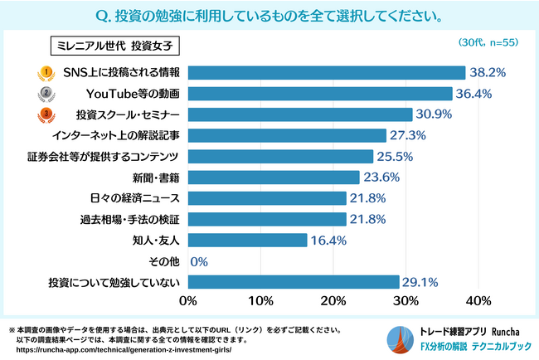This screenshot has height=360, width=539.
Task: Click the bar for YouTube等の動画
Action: coord(321,92)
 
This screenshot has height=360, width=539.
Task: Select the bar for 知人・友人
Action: coord(248,241)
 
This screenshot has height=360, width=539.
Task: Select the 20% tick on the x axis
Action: coord(334,300)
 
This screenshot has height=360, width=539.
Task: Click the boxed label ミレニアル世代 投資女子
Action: coord(115,43)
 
